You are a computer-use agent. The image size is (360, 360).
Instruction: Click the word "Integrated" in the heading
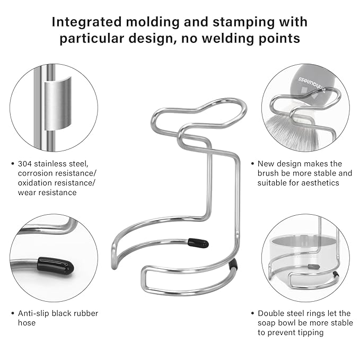pos(86,23)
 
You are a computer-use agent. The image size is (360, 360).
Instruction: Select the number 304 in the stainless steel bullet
pos(25,164)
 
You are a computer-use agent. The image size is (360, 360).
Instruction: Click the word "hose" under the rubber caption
pos(27,323)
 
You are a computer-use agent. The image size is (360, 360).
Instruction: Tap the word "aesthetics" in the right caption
pos(321,183)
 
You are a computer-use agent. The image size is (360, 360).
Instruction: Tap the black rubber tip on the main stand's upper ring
pos(198,243)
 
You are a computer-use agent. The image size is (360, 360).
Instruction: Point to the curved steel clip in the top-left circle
pos(58,104)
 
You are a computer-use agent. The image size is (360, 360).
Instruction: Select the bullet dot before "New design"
pos(252,164)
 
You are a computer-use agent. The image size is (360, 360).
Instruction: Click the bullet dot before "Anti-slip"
pos(13,314)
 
